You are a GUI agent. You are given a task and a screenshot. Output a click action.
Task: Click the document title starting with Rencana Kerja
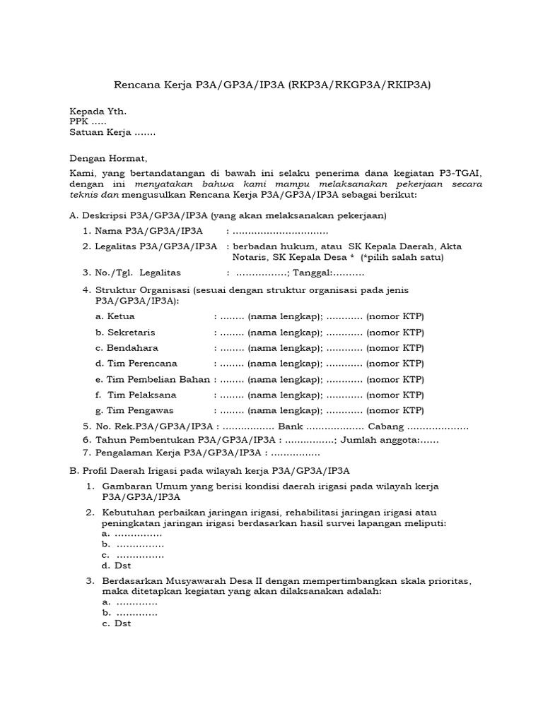coord(272,85)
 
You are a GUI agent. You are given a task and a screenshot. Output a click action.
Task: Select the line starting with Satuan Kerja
coord(112,132)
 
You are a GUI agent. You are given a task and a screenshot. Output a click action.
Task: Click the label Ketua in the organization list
coord(120,316)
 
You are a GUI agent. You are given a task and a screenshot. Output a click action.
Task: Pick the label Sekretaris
coord(131,332)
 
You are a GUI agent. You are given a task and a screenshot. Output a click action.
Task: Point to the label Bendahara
coord(132,348)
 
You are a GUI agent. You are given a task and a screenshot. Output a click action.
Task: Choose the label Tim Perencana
coord(141,364)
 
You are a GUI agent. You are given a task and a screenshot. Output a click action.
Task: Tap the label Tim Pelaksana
coord(141,395)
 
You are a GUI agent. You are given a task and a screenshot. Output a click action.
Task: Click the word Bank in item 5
coord(290,426)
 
